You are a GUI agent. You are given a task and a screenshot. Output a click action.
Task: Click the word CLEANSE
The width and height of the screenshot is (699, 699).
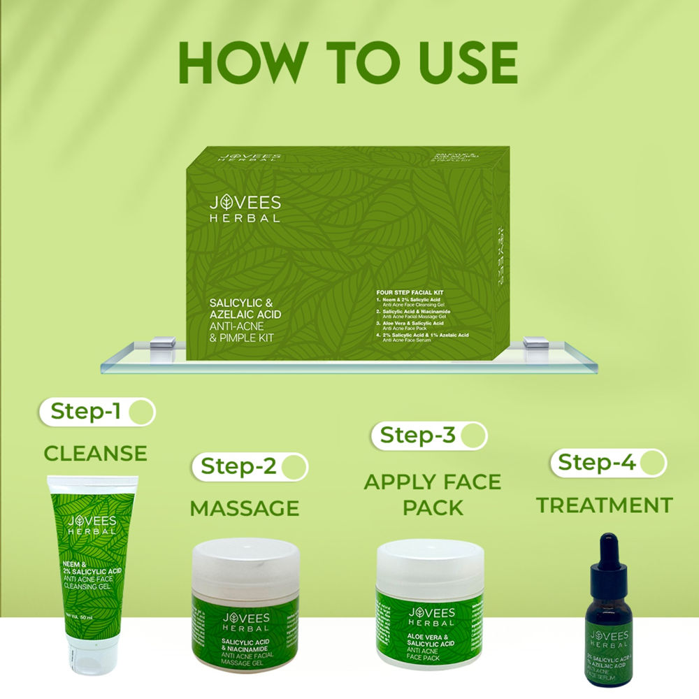coord(96,453)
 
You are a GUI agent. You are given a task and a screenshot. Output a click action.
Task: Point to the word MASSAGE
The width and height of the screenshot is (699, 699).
coord(245,508)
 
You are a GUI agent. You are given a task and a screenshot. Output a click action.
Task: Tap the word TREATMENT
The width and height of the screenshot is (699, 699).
coord(604,505)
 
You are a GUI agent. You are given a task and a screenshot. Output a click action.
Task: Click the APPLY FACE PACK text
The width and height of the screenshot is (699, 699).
coord(433,493)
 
